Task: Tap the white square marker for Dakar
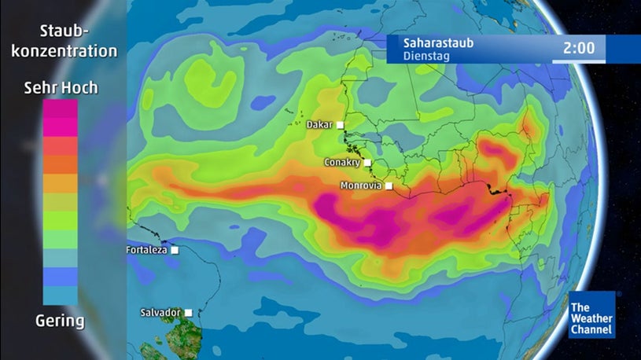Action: click(x=341, y=124)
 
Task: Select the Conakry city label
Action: click(x=342, y=163)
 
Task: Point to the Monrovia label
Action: click(x=361, y=186)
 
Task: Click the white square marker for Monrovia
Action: click(x=389, y=186)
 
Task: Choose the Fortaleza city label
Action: click(x=146, y=250)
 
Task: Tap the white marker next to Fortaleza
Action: click(x=175, y=250)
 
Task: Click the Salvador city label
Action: click(x=160, y=312)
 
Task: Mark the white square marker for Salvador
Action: click(x=188, y=312)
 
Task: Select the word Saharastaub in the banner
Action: click(x=438, y=42)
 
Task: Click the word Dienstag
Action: click(x=425, y=57)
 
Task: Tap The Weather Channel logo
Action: click(x=592, y=315)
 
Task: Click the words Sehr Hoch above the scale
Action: click(x=61, y=87)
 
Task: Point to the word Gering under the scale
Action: click(x=60, y=321)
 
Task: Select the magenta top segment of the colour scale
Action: click(x=61, y=109)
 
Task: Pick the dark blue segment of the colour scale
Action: click(x=61, y=276)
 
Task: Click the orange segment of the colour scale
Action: click(x=61, y=164)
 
